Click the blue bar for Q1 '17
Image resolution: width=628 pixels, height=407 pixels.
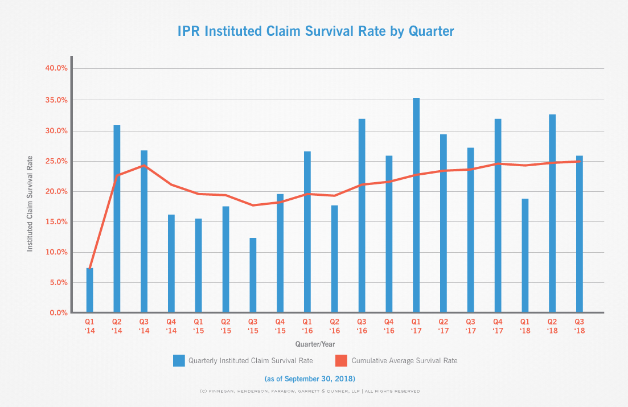[416, 205]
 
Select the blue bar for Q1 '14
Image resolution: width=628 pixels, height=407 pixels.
[90, 290]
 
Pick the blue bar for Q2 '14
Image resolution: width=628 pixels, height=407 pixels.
[117, 219]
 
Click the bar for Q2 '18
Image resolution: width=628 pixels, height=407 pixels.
[552, 213]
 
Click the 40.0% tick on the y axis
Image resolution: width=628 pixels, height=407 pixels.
[56, 68]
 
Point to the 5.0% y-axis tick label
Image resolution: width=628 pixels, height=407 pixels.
[58, 283]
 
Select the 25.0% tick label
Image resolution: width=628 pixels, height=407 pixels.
[56, 161]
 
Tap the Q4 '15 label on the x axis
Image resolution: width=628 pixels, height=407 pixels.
[280, 326]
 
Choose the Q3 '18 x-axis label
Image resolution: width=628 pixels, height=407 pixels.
[579, 326]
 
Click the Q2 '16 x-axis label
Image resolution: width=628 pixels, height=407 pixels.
[334, 326]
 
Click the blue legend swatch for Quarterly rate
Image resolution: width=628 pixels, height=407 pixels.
[179, 360]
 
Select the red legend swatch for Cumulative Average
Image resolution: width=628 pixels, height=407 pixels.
[340, 360]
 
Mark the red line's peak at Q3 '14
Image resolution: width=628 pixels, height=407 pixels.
[144, 166]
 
